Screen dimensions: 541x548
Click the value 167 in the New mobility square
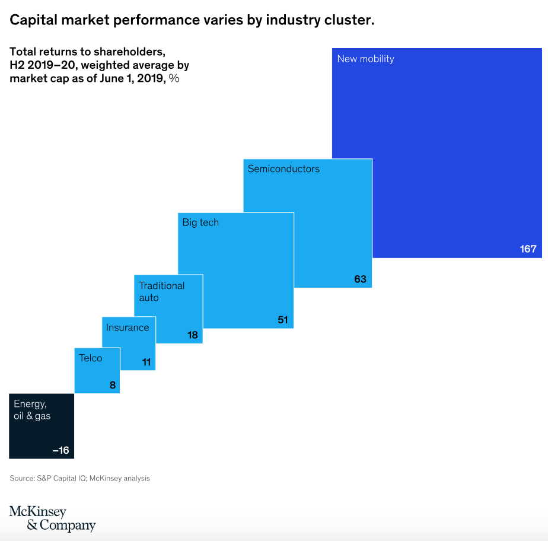[528, 249]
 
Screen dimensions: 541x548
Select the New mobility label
[365, 59]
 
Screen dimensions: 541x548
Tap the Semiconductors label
[283, 169]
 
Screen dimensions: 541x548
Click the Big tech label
[200, 223]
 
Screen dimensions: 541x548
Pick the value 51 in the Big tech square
[282, 320]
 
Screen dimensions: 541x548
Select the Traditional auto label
[161, 291]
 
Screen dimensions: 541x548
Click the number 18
[192, 336]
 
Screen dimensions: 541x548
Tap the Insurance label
[127, 327]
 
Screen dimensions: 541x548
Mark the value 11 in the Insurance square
[146, 362]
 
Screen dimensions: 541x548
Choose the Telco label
[91, 358]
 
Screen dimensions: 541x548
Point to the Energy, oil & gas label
[32, 410]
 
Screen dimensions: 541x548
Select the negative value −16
[60, 451]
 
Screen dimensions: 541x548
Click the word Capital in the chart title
[33, 20]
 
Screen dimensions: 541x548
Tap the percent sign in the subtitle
[174, 78]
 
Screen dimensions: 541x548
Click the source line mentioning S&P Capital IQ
[79, 478]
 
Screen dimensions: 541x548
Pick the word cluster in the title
[349, 20]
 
